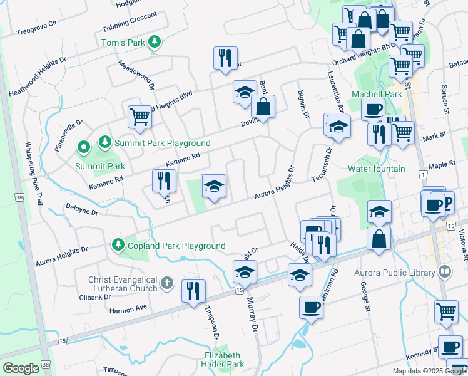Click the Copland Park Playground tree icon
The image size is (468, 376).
point(117,243)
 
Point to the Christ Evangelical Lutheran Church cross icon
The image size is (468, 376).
point(166,283)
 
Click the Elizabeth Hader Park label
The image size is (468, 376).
point(223,359)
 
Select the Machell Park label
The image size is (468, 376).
point(376,94)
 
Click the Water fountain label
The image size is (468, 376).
point(376,169)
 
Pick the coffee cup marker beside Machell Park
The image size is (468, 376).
point(373,110)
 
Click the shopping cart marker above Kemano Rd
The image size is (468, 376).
point(140,116)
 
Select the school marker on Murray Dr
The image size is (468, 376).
point(245,272)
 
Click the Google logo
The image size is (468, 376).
point(21,368)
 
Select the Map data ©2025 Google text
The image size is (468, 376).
point(429,371)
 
